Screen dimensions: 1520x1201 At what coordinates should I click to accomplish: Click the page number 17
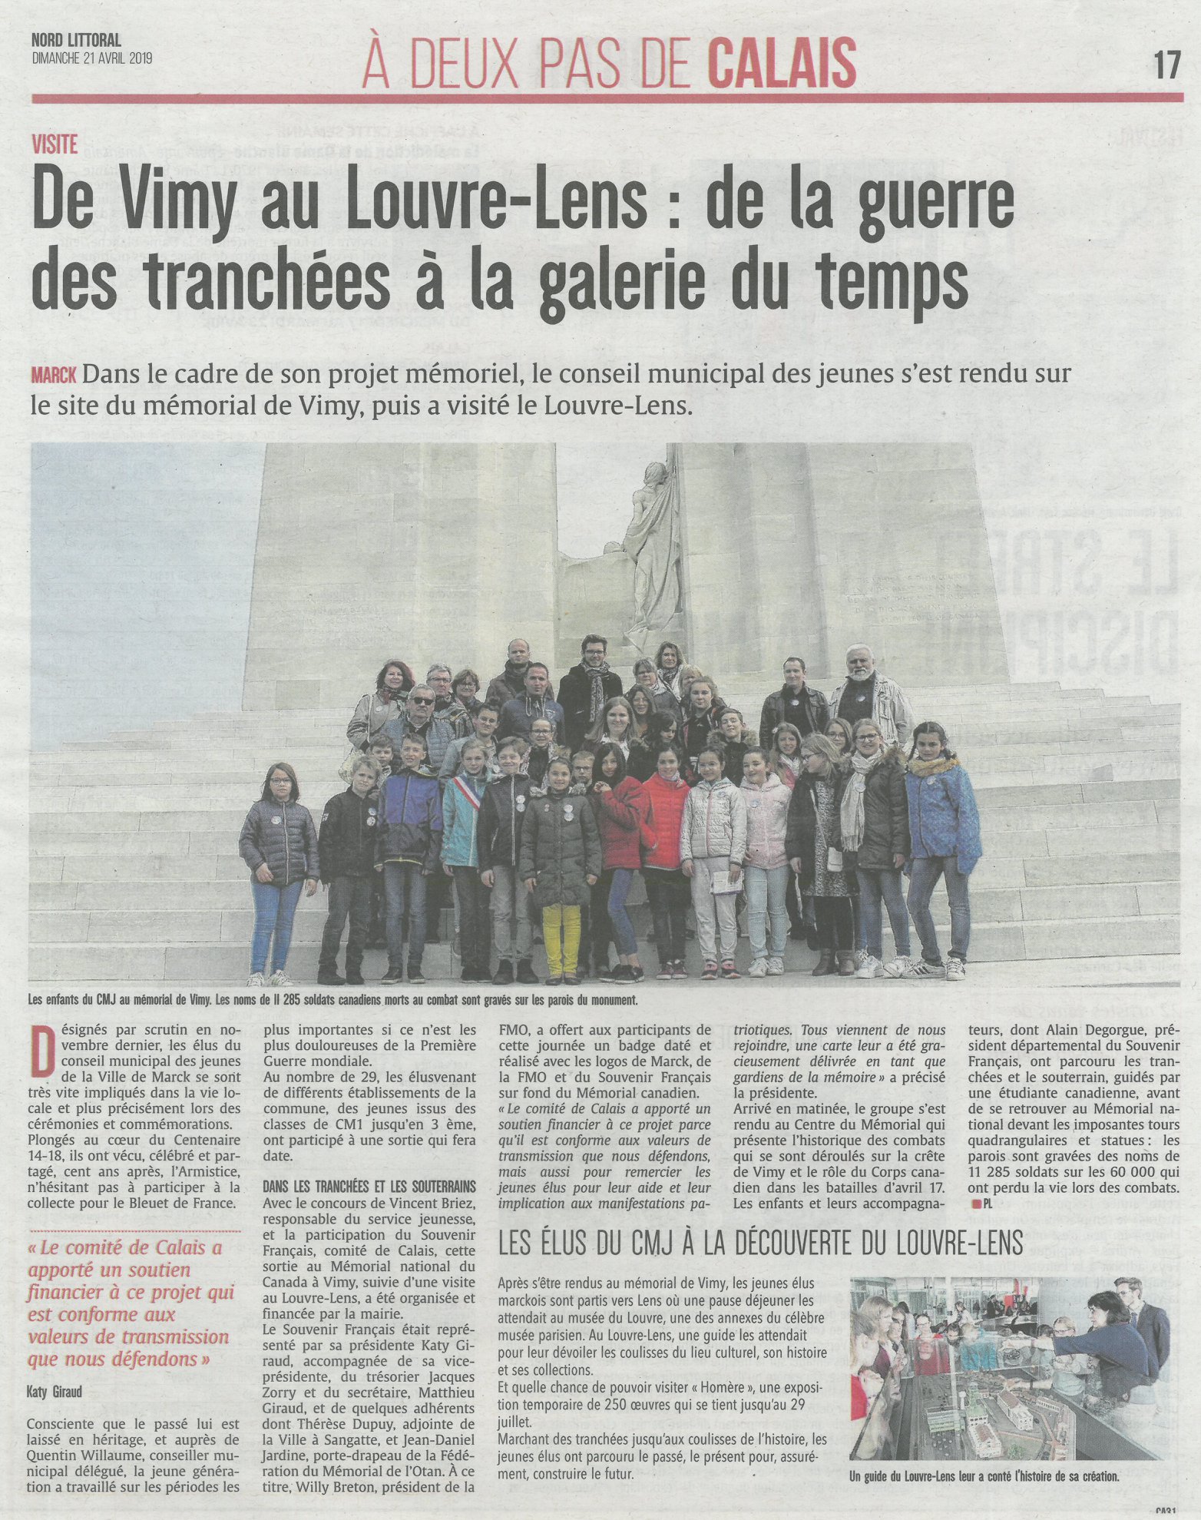1165,65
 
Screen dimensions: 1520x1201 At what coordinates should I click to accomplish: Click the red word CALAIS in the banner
781,63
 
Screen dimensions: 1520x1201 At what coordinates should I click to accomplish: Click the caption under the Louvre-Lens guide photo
984,1476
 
